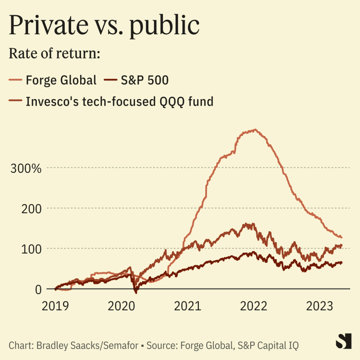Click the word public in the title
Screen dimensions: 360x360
point(166,26)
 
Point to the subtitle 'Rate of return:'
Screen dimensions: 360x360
point(54,53)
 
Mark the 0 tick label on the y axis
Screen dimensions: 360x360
point(38,289)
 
